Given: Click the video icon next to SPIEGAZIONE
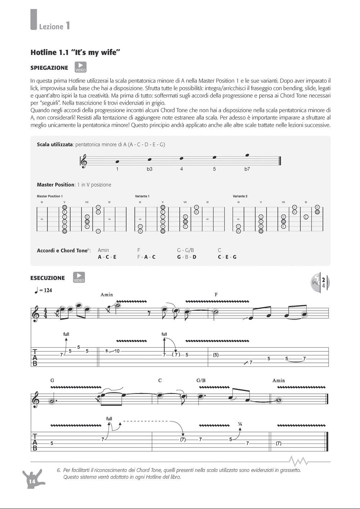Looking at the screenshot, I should [81, 67].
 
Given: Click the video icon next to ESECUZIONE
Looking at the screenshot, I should [79, 277].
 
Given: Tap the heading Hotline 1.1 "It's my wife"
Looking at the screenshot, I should [75, 53].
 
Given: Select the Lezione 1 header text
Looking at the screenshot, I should [54, 26].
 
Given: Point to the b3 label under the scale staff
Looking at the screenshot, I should [149, 169].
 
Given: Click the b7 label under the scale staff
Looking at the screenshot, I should [247, 169].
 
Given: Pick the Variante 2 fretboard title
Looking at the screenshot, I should [240, 196].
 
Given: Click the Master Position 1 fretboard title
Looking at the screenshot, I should [50, 196].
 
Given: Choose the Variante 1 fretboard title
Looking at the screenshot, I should [142, 196].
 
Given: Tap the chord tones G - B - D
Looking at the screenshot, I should [187, 257].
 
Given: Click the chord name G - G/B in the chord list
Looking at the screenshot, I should [186, 250].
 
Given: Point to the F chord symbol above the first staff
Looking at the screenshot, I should [216, 294].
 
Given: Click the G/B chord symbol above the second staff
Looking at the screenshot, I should [201, 380].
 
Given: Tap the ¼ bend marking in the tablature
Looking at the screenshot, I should [240, 424].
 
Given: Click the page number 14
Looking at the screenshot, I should [32, 481].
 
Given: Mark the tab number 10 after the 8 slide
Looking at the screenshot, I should [117, 351].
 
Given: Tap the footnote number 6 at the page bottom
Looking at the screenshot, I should [58, 470].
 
